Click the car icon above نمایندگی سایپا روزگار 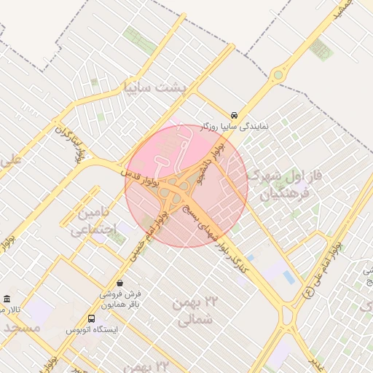(x=233, y=115)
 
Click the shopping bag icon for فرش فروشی (x=119, y=283)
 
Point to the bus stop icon (x=91, y=318)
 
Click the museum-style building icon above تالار (x=7, y=299)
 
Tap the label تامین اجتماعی (x=93, y=222)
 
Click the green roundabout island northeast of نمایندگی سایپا (x=278, y=74)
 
